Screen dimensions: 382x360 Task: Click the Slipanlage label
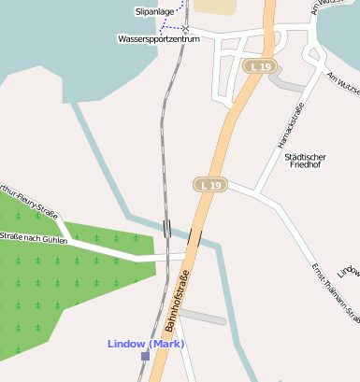[x=155, y=12]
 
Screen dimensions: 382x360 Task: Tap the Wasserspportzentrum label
[x=160, y=39]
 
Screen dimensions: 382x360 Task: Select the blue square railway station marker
[x=145, y=356]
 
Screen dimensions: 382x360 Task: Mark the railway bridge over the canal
[x=166, y=228]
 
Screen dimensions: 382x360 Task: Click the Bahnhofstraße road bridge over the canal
[x=194, y=236]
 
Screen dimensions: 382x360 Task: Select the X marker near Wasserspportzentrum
[x=185, y=30]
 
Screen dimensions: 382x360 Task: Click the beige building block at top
[x=217, y=7]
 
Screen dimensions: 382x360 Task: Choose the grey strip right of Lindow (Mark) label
[x=202, y=318]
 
